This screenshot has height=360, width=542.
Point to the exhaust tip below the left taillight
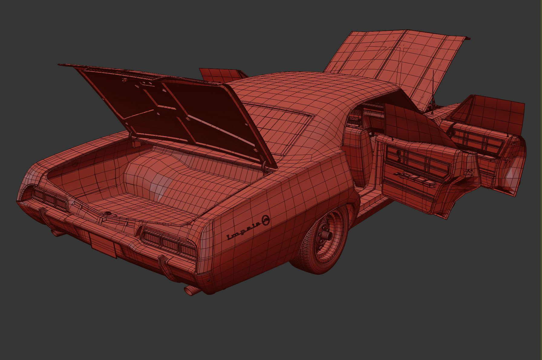click(x=56, y=232)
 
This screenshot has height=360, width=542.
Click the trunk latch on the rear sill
click(x=107, y=214)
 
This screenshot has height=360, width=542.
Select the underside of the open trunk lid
click(x=169, y=109)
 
